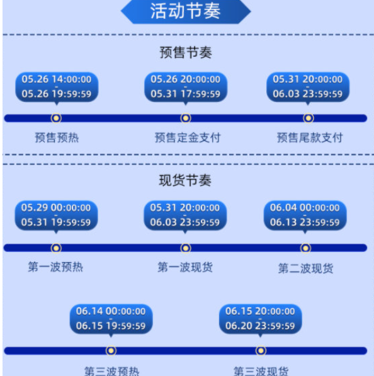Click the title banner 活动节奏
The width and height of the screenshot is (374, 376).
pos(186,11)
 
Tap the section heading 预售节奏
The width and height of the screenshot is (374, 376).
pos(186,52)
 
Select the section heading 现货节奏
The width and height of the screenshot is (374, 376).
pos(185,180)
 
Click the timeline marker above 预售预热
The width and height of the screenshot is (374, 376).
pos(56,118)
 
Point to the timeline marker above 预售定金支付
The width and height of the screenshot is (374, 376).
pos(186,118)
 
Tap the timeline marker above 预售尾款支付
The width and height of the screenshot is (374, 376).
pos(309,118)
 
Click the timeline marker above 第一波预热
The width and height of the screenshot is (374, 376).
pos(56,248)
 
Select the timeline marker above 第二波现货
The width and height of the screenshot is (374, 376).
pos(305,248)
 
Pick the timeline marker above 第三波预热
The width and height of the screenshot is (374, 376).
pos(111,351)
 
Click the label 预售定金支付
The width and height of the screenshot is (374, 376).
pos(188,138)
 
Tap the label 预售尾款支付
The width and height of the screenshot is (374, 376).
pos(310,138)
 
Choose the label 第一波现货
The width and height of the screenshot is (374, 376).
pos(185,267)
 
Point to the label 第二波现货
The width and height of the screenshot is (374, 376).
pos(305,268)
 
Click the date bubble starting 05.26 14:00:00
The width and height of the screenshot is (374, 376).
pos(57,88)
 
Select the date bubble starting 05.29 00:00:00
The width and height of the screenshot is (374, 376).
pos(56,216)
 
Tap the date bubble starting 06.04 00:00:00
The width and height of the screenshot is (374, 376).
pos(305,216)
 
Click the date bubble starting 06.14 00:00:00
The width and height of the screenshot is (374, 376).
pos(111,320)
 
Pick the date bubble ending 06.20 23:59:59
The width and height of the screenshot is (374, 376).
pos(261,320)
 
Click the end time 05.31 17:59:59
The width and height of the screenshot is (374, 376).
pos(185,94)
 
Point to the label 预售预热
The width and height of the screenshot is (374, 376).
pos(57,138)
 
